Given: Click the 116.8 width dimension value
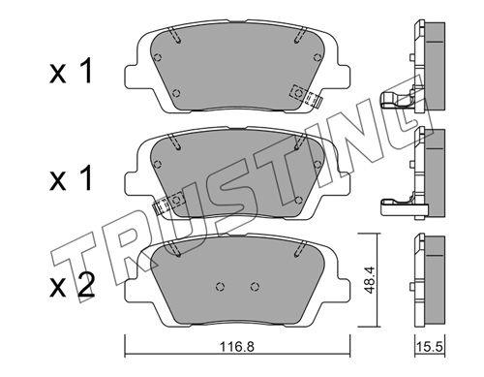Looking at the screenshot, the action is point(237,347).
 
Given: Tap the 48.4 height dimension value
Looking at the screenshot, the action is point(369,280).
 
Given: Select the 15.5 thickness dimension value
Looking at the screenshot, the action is point(429,347).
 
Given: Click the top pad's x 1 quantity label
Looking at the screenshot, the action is point(72,71).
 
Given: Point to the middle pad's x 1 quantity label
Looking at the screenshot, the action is point(72,177).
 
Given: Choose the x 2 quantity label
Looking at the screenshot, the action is point(73,285).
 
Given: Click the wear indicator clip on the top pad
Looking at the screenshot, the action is point(306,96).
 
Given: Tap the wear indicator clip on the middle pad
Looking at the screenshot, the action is point(168,203).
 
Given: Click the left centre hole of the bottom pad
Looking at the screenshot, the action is point(220,287).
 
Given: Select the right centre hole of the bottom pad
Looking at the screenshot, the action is point(255,287).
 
